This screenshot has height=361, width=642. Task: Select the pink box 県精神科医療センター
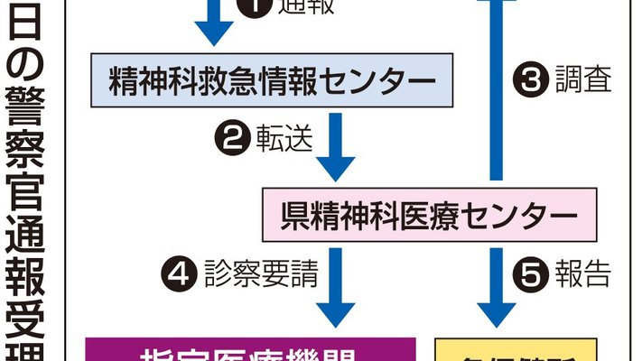tap(427, 214)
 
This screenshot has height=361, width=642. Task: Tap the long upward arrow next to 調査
tap(494, 90)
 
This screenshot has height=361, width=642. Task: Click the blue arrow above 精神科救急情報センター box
tap(214, 20)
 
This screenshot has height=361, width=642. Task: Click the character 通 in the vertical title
tap(30, 233)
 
